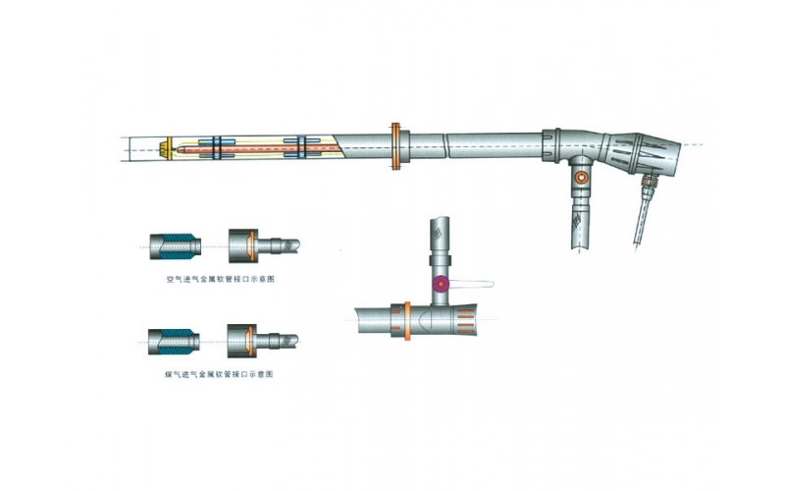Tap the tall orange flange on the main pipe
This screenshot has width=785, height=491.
[x=395, y=145]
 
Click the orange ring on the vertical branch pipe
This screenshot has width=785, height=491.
[x=581, y=177]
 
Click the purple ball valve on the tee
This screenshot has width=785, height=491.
[x=441, y=284]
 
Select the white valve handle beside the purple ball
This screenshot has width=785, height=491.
[x=471, y=284]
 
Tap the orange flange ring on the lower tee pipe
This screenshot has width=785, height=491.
[x=407, y=321]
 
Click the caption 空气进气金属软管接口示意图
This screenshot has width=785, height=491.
[x=220, y=280]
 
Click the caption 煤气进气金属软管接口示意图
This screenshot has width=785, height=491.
[x=219, y=374]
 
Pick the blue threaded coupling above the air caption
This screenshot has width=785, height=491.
[x=176, y=246]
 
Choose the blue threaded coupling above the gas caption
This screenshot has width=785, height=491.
[x=174, y=342]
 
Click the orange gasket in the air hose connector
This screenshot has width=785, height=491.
[x=252, y=246]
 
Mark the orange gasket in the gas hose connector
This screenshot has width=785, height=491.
[x=250, y=341]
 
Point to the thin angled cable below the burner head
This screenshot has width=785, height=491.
[x=641, y=219]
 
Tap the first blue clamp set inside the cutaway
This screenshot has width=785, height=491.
[x=217, y=148]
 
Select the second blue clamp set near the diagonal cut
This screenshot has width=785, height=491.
[x=302, y=148]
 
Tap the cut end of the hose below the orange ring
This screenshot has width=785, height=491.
[x=581, y=247]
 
